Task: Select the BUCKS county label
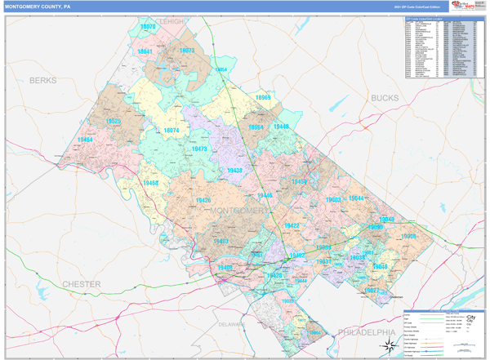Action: pyautogui.click(x=385, y=98)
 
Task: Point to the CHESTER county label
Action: pyautogui.click(x=81, y=284)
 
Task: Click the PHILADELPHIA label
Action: pyautogui.click(x=365, y=333)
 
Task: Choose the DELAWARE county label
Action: pyautogui.click(x=231, y=324)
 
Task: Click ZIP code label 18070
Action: pyautogui.click(x=148, y=28)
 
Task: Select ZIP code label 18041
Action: pyautogui.click(x=145, y=51)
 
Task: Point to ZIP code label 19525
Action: pyautogui.click(x=114, y=122)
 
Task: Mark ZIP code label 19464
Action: pyautogui.click(x=85, y=140)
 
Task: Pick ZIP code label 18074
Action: pyautogui.click(x=171, y=131)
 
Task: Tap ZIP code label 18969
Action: pyautogui.click(x=262, y=98)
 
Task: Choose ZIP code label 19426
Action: pyautogui.click(x=203, y=200)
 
